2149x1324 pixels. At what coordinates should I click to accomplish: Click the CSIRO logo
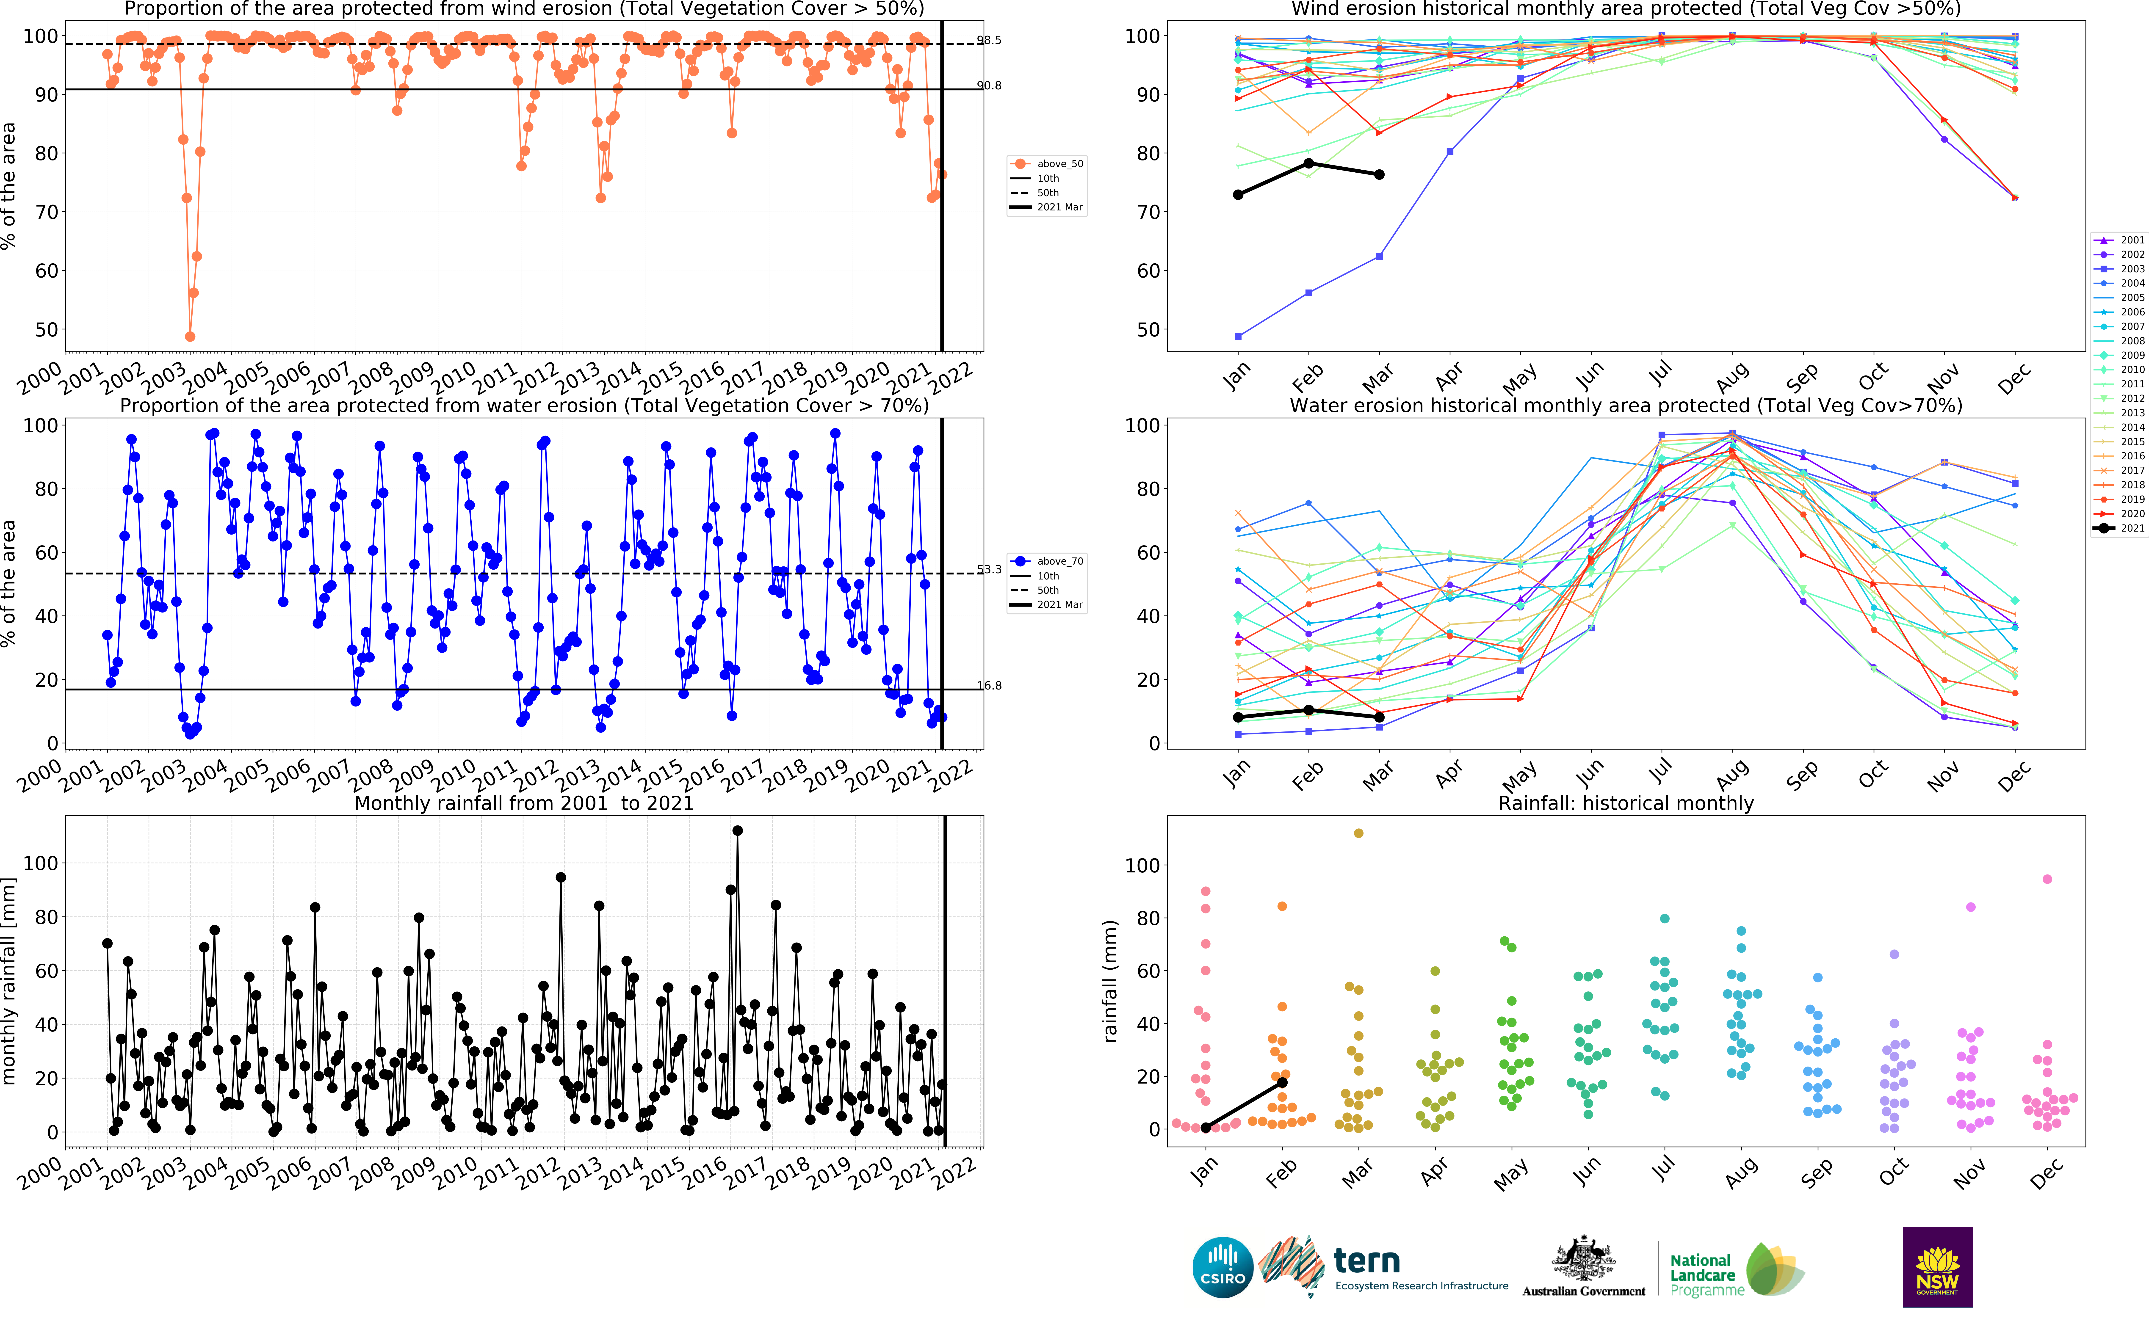click(x=1222, y=1267)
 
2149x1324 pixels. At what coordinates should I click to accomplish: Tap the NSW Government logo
click(x=1937, y=1267)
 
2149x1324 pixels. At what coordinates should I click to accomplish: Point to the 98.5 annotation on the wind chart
click(x=989, y=40)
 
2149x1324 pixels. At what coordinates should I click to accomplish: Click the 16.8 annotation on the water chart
click(x=989, y=686)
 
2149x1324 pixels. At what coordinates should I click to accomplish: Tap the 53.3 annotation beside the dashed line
click(x=989, y=570)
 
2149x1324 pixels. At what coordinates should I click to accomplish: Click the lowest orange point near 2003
click(x=190, y=336)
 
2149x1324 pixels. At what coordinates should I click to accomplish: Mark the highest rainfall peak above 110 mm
click(x=737, y=830)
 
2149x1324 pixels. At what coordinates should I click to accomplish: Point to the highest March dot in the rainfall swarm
click(x=1358, y=833)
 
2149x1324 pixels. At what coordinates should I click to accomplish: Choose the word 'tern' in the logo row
click(x=1366, y=1262)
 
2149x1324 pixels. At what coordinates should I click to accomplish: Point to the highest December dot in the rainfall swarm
click(x=2047, y=879)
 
